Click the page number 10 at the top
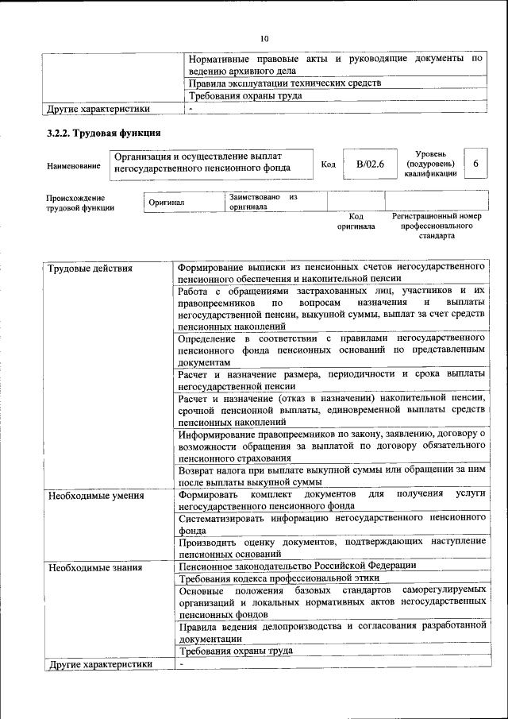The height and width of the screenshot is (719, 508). coord(264,37)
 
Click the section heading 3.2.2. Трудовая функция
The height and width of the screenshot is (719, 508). coord(104,133)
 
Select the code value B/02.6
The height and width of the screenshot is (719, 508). coord(370,164)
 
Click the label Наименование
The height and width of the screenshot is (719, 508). coord(74,165)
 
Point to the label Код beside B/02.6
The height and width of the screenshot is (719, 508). coord(328,164)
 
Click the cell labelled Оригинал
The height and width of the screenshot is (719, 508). coord(167,202)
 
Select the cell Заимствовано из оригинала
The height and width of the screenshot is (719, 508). coord(263,201)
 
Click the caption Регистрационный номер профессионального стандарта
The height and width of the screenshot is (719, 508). coord(437,226)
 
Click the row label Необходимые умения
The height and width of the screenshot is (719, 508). coord(95,496)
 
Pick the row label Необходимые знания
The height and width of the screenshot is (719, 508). coord(94,567)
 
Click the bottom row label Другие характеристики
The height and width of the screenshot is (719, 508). coord(99,664)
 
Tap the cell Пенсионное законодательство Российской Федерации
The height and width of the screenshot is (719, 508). coord(297,566)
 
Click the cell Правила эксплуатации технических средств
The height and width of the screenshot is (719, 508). coord(284,83)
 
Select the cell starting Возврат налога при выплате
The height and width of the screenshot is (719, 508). coord(332,476)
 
